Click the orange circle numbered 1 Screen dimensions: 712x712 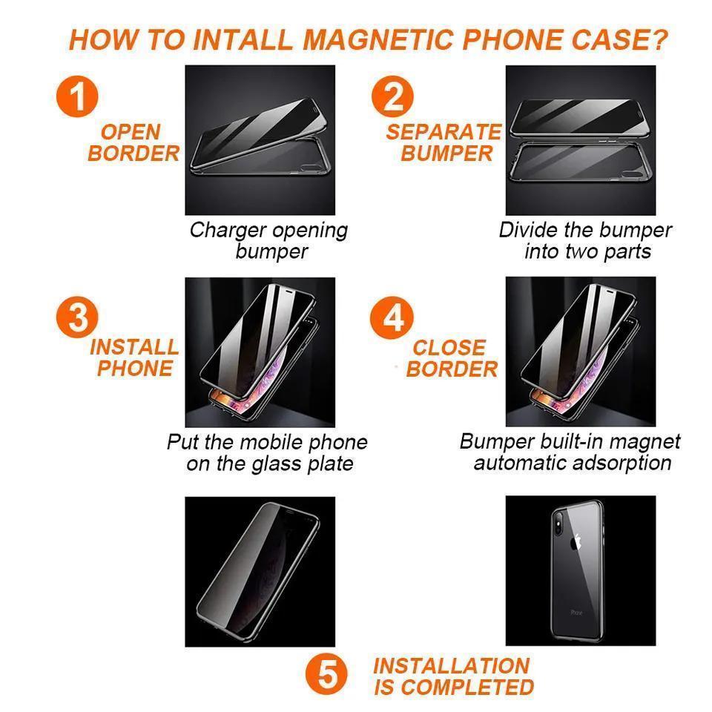[x=77, y=96]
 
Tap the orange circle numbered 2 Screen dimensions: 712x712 [x=392, y=96]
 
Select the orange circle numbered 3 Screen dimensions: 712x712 [x=77, y=317]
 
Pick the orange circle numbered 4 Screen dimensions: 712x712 [x=392, y=317]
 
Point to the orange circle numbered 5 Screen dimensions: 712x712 [x=326, y=674]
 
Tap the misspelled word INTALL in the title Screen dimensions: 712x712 [x=243, y=39]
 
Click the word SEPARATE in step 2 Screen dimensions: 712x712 [x=444, y=132]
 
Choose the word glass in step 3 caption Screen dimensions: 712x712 [x=277, y=464]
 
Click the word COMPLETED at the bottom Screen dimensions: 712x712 [x=467, y=687]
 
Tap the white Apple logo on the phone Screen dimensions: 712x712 [x=576, y=541]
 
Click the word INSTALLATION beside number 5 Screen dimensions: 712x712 [x=452, y=666]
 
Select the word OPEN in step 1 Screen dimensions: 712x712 [x=131, y=132]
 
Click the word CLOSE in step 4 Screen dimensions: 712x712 [x=449, y=348]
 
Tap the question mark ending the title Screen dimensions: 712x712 [x=659, y=39]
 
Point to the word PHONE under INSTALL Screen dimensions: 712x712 [x=135, y=369]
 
